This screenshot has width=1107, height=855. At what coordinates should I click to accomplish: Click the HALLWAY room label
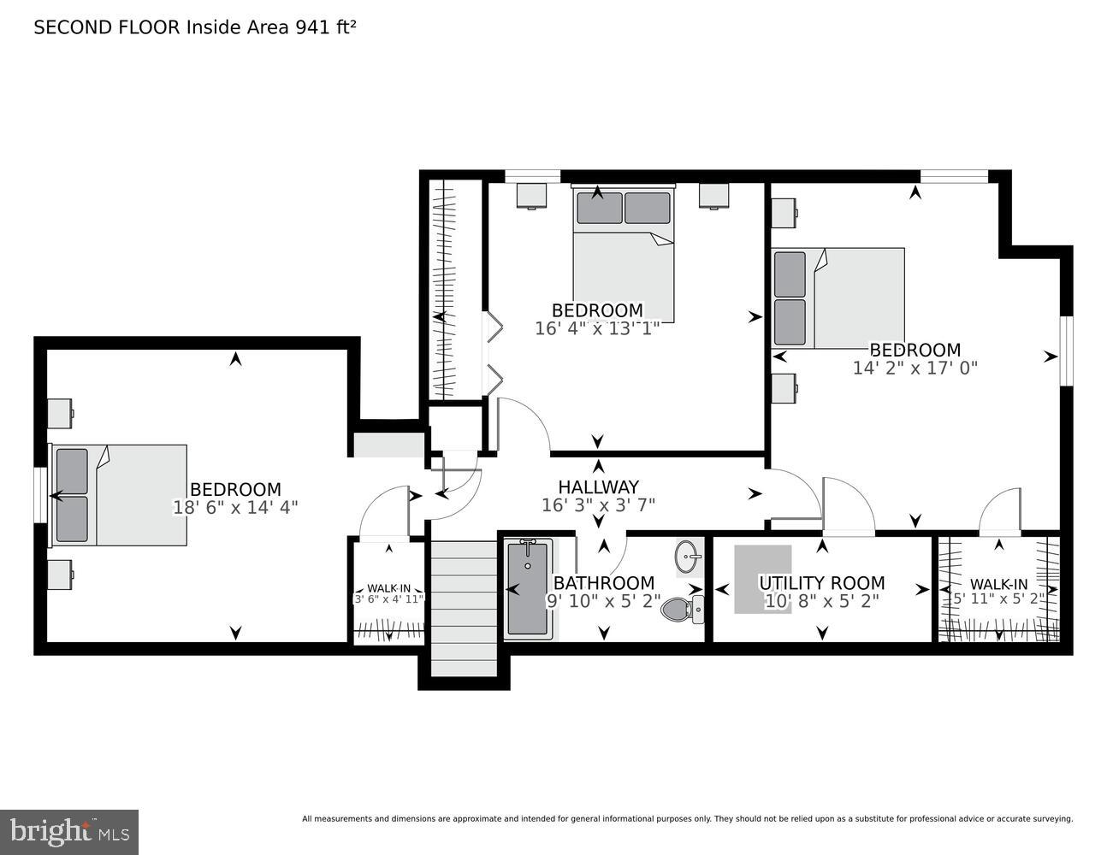tap(598, 486)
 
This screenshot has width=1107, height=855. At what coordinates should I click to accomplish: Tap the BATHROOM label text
tap(603, 583)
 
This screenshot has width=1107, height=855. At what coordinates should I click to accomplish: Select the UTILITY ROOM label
tap(821, 583)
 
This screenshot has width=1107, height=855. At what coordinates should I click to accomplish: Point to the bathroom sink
tap(688, 557)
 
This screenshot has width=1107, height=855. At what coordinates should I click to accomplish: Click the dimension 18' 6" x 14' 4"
tap(235, 507)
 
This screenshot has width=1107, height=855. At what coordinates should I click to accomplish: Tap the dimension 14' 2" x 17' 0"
tap(915, 368)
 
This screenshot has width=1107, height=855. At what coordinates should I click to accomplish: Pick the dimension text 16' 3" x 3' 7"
tap(598, 504)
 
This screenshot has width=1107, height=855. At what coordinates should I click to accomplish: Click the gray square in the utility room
tap(761, 578)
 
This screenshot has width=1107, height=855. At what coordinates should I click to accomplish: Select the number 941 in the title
tap(312, 27)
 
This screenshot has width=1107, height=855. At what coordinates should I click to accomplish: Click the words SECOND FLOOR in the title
tap(107, 27)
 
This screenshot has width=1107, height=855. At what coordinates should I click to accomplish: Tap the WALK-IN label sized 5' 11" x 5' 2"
tap(998, 585)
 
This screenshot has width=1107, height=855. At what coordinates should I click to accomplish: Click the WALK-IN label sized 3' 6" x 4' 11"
tap(388, 588)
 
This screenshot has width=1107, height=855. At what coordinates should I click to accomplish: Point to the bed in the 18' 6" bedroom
tap(120, 494)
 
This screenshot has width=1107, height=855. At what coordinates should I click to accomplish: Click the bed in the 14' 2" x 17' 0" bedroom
tap(838, 298)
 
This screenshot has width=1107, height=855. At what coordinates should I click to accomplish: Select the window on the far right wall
tap(1066, 351)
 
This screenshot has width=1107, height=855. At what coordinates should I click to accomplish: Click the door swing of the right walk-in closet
tap(999, 512)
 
